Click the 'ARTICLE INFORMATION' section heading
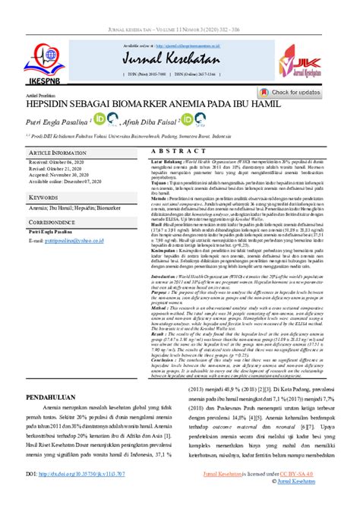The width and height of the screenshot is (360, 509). (x=60, y=152)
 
